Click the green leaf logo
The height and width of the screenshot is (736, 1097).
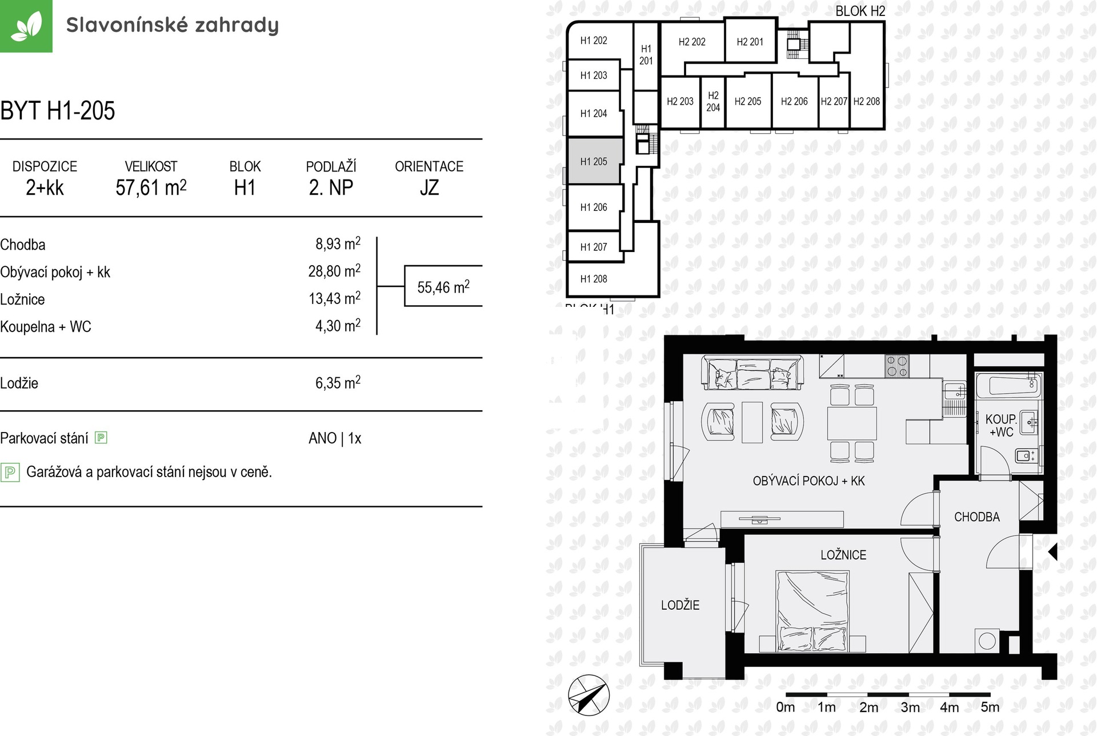pos(26,26)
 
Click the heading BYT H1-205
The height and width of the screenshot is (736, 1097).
pos(58,110)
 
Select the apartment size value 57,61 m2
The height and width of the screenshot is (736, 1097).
pos(151,187)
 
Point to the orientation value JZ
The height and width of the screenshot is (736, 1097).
pos(429,187)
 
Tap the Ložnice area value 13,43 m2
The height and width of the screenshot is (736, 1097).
pos(335,298)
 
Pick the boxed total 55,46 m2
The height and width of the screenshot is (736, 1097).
pos(443,286)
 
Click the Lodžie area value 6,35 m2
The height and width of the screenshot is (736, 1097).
pos(338,382)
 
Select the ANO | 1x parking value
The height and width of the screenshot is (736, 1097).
pos(335,438)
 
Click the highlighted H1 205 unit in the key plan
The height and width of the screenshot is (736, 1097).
pos(594,161)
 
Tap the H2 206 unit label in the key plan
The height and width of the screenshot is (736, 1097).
pos(794,101)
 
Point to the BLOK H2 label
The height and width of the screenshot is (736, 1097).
pos(860,11)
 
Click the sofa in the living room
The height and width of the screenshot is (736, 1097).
pos(752,373)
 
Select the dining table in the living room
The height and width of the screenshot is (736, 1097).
pos(852,423)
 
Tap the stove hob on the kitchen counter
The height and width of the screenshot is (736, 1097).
pos(896,366)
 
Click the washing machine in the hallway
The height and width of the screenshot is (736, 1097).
pos(987,641)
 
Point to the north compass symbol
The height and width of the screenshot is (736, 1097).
pos(588,695)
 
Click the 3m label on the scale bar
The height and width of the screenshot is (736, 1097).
pos(910,707)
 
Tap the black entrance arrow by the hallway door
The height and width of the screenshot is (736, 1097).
pos(1053,552)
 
